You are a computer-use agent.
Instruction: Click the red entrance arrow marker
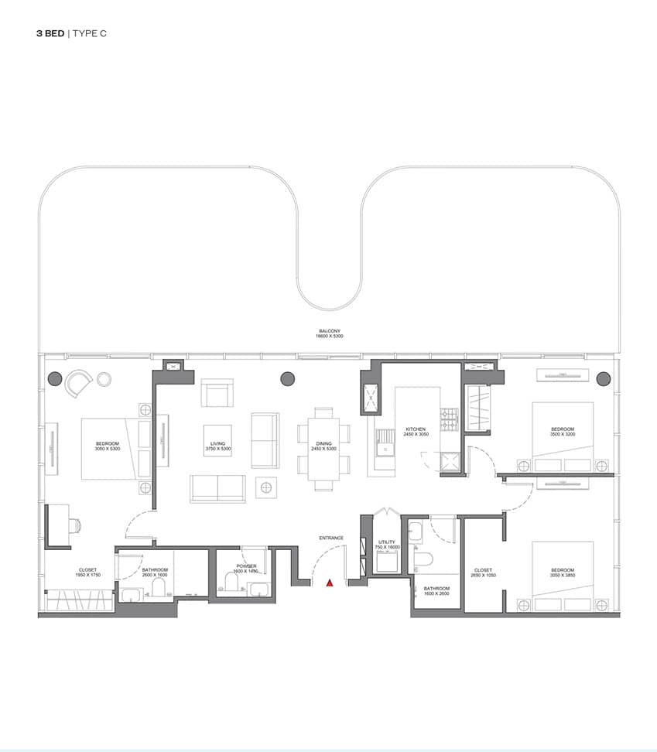[330, 583]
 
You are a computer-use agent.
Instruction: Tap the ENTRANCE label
[330, 538]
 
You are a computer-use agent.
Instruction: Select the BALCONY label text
[330, 331]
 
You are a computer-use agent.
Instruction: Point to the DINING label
[323, 444]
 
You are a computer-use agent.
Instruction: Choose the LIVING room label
[217, 444]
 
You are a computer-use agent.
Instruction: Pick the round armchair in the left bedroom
[79, 382]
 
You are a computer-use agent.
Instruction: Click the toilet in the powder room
[231, 583]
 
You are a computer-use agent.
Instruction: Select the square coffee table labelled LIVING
[217, 441]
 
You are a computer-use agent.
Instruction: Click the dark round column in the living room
[288, 378]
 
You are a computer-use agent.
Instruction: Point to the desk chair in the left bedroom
[75, 525]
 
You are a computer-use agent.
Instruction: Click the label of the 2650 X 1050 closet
[481, 573]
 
